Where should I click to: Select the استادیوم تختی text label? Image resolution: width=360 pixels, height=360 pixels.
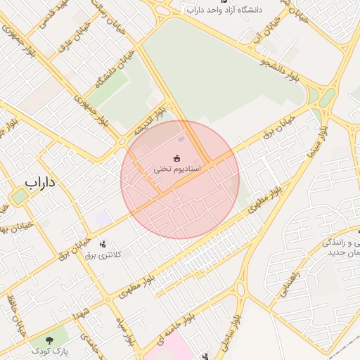point(178,170)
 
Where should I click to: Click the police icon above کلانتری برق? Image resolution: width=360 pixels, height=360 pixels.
point(103,244)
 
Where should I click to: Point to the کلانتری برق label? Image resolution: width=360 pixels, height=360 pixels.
point(103,255)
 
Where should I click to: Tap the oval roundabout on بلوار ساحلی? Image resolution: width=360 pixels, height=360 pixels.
point(240,289)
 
